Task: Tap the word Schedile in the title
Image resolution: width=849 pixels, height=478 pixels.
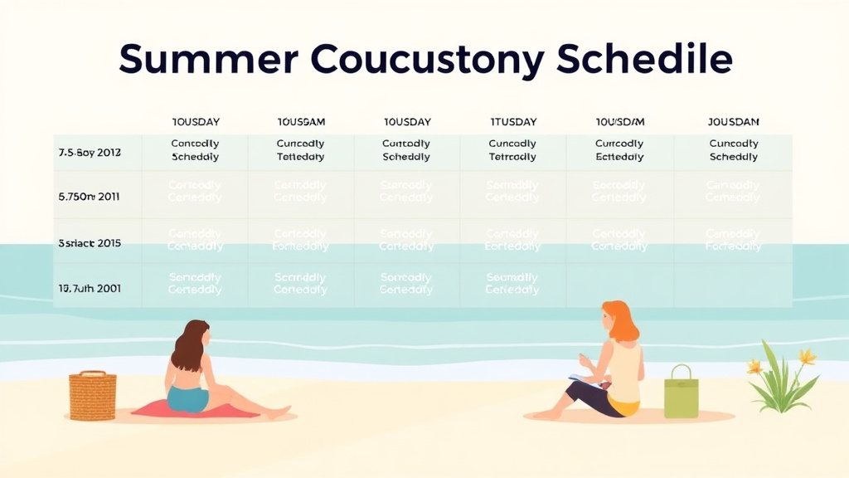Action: [x=644, y=60]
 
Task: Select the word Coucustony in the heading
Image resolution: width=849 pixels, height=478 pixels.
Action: [x=428, y=60]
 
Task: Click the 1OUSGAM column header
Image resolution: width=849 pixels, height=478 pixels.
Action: [x=301, y=122]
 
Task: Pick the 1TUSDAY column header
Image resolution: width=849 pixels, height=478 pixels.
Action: [x=513, y=122]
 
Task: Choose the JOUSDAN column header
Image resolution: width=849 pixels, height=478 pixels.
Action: [x=734, y=122]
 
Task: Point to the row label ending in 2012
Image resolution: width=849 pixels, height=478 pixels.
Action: [x=90, y=153]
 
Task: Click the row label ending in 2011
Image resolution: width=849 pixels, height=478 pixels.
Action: [x=90, y=198]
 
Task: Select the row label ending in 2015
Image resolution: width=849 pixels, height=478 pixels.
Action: [x=90, y=243]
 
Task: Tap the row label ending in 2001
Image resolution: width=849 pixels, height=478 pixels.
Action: [x=90, y=288]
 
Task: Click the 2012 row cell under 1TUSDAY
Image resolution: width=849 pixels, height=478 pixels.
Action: [x=512, y=150]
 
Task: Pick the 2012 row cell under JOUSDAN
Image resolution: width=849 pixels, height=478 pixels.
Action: [x=734, y=150]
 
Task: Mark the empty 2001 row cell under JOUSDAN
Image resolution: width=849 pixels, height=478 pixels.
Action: [x=734, y=285]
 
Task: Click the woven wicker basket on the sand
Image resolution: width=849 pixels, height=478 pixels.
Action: [x=92, y=397]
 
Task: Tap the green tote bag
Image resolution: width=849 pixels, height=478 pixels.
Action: [x=681, y=393]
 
